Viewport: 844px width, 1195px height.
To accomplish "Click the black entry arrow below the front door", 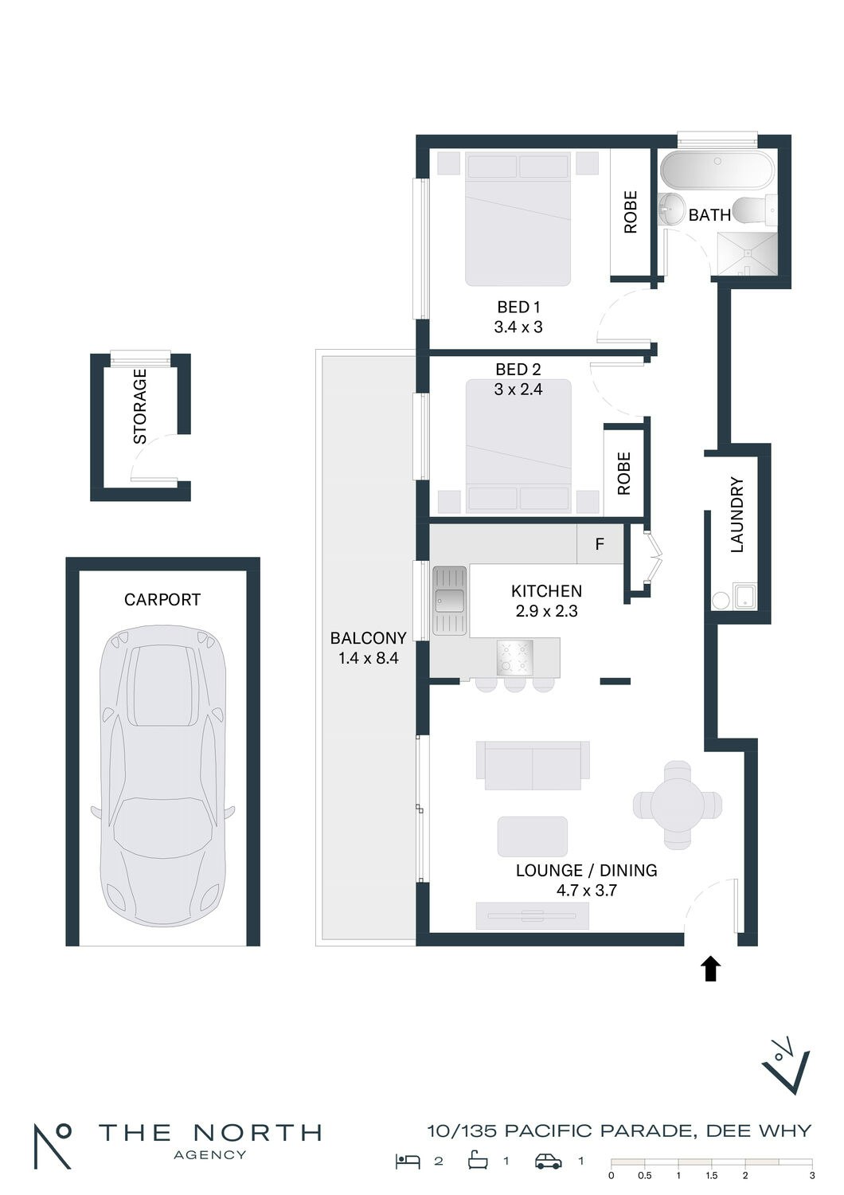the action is point(710,968).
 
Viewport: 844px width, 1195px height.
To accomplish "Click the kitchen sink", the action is point(449,600).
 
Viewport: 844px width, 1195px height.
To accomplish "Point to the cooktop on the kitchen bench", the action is point(514,656).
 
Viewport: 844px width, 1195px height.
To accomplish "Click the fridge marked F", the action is point(600,544).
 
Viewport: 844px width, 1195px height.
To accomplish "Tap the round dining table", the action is point(678,805).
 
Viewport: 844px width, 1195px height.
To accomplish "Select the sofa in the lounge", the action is point(533,765).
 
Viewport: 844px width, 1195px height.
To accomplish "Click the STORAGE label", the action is point(139,406).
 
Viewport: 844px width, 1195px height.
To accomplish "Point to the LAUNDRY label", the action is point(737,515).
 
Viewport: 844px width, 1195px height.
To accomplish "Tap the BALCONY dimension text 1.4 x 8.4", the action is point(369,658).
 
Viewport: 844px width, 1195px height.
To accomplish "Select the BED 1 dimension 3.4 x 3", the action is point(518,327).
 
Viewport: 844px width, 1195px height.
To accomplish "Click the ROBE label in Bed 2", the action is point(623,473).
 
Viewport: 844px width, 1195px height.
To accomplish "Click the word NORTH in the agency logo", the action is point(256,1131).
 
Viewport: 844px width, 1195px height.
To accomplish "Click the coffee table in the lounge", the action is point(532,836).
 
